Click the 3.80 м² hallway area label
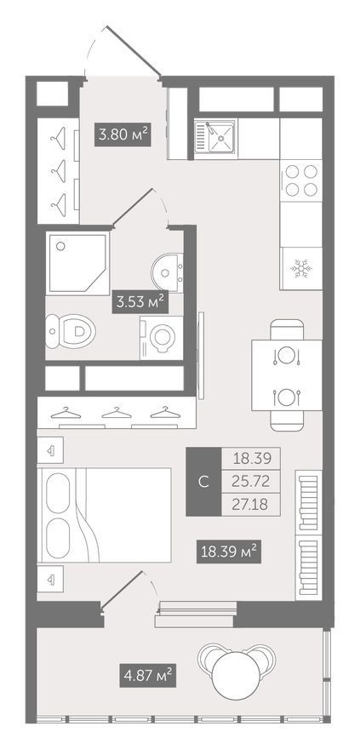click(123, 134)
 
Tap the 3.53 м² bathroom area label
click(140, 301)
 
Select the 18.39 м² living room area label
click(229, 552)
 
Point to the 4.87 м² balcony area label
click(147, 676)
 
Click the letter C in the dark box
click(204, 482)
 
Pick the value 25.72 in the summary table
click(251, 482)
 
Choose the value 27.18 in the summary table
click(251, 505)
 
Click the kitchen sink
click(214, 139)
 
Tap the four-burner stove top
click(301, 180)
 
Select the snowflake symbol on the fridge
click(301, 269)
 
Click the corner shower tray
click(77, 263)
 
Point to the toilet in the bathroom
click(71, 330)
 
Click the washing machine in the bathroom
click(161, 338)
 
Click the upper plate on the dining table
click(287, 356)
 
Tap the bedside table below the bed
click(50, 579)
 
